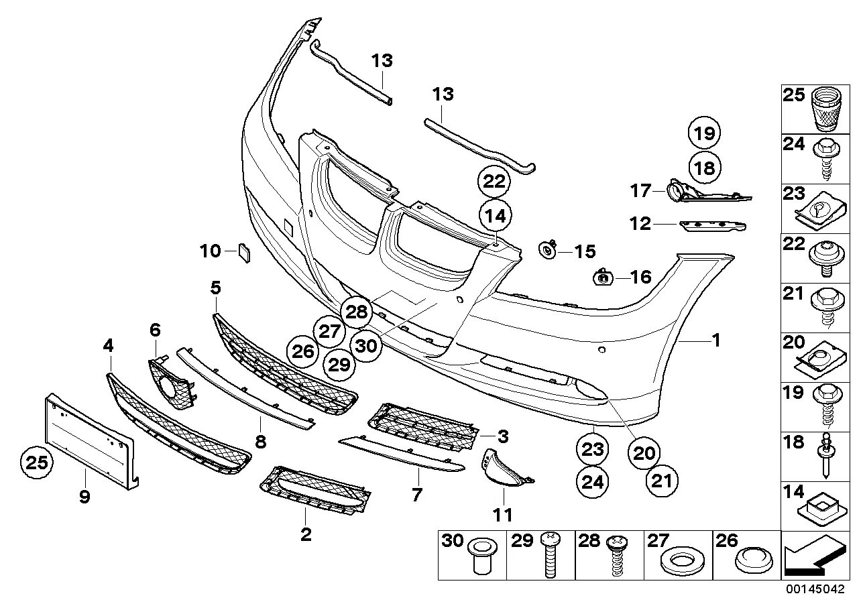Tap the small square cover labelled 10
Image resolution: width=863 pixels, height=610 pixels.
coord(242,253)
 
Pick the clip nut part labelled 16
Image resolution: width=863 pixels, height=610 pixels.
coord(603,276)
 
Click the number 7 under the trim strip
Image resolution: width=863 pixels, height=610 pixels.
coord(417,495)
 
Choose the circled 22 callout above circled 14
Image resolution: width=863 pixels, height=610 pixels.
coord(494,182)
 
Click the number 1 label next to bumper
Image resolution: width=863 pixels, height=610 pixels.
coord(715,341)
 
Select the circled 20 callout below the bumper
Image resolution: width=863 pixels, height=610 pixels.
coord(644,453)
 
